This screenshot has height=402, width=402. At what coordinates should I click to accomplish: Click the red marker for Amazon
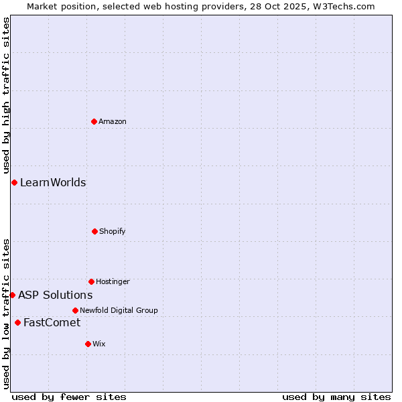[x=94, y=121]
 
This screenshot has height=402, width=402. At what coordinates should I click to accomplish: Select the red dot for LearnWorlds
[x=14, y=182]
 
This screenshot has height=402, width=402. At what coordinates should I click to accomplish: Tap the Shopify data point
[x=94, y=231]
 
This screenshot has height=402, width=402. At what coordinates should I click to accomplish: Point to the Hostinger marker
[x=91, y=281]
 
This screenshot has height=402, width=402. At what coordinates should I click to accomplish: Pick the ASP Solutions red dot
[x=12, y=295]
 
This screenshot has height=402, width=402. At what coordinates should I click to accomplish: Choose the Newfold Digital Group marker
[x=75, y=310]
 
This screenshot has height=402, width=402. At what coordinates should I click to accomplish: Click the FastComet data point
[x=17, y=322]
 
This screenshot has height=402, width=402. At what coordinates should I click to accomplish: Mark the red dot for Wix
[x=88, y=344]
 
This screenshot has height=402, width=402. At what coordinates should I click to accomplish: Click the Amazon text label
[x=113, y=121]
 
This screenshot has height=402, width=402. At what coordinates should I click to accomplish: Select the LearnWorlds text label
[x=53, y=182]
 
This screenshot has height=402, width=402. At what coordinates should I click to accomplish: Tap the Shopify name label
[x=113, y=231]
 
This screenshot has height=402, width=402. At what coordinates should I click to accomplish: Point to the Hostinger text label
[x=113, y=281]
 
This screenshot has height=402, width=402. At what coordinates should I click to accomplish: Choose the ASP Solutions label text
[x=55, y=295]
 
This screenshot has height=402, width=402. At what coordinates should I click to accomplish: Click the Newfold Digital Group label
[x=119, y=310]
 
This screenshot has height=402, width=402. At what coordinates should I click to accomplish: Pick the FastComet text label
[x=52, y=322]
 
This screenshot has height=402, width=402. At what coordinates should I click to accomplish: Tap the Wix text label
[x=99, y=344]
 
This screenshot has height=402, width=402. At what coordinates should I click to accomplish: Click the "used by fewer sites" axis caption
[x=69, y=397]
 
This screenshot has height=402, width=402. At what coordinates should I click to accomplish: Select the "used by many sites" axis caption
[x=336, y=397]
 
